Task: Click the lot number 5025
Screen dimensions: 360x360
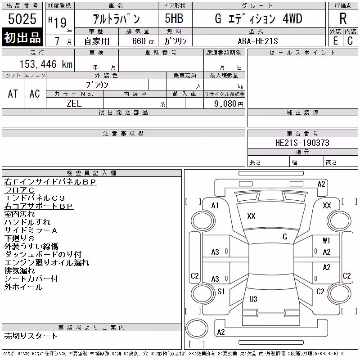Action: pyautogui.click(x=22, y=19)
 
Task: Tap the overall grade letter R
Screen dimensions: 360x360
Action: pyautogui.click(x=343, y=18)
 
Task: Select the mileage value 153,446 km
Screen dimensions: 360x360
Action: pyautogui.click(x=46, y=64)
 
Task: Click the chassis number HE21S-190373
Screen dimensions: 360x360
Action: pyautogui.click(x=302, y=143)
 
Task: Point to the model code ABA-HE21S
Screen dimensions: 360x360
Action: pyautogui.click(x=258, y=41)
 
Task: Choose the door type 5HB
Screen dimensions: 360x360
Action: pyautogui.click(x=174, y=18)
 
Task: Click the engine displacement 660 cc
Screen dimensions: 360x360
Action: pyautogui.click(x=143, y=41)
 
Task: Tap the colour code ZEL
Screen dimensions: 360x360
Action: pyautogui.click(x=74, y=103)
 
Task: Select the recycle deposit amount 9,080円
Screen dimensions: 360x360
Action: pyautogui.click(x=229, y=104)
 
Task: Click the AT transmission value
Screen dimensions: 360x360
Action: pyautogui.click(x=13, y=94)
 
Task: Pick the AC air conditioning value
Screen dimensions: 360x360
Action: pyautogui.click(x=35, y=94)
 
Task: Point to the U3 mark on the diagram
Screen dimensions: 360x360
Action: pyautogui.click(x=253, y=299)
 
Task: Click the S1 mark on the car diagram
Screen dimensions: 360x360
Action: pyautogui.click(x=221, y=292)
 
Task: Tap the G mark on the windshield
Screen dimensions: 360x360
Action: pyautogui.click(x=285, y=237)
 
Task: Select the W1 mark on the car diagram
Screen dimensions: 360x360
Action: pyautogui.click(x=326, y=240)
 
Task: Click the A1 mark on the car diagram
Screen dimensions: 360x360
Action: pyautogui.click(x=215, y=206)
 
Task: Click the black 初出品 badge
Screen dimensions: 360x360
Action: pyautogui.click(x=22, y=37)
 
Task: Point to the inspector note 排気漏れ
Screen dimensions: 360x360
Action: pyautogui.click(x=19, y=271)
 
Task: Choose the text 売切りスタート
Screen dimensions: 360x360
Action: pyautogui.click(x=31, y=336)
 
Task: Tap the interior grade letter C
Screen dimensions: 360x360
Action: pyautogui.click(x=350, y=41)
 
